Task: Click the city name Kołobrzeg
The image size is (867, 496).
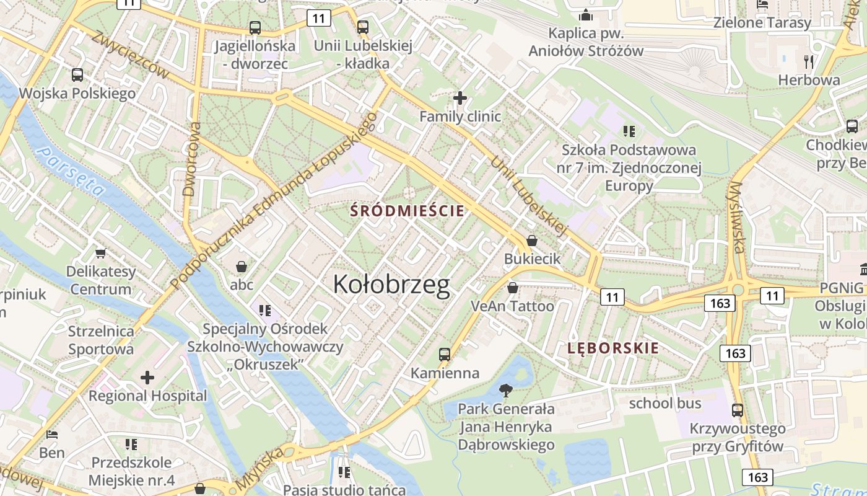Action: (x=391, y=285)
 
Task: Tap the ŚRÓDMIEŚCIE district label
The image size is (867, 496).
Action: (x=407, y=211)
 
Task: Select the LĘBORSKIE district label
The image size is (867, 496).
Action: (x=613, y=348)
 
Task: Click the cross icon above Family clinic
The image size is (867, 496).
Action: (x=460, y=97)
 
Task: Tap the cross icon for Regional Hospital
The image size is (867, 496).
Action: (x=147, y=377)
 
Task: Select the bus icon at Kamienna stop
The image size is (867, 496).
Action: (x=445, y=355)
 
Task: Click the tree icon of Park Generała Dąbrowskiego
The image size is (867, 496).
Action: (x=506, y=391)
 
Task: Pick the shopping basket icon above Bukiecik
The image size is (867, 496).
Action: (x=532, y=241)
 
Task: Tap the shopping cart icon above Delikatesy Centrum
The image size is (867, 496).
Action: (x=100, y=253)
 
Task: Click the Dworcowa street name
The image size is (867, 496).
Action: (x=193, y=159)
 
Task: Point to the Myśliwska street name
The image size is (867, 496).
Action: (x=736, y=217)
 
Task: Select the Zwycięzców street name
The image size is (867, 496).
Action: (x=129, y=54)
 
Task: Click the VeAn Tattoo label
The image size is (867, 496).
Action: (x=512, y=306)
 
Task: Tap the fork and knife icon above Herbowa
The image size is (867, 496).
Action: (x=809, y=61)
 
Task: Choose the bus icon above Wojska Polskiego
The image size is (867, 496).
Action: (x=77, y=75)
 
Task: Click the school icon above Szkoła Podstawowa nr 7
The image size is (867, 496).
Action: (x=629, y=131)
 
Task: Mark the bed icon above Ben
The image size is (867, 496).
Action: (x=53, y=435)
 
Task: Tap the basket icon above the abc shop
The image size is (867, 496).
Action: (x=242, y=267)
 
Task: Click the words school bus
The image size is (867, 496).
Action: (x=665, y=404)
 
